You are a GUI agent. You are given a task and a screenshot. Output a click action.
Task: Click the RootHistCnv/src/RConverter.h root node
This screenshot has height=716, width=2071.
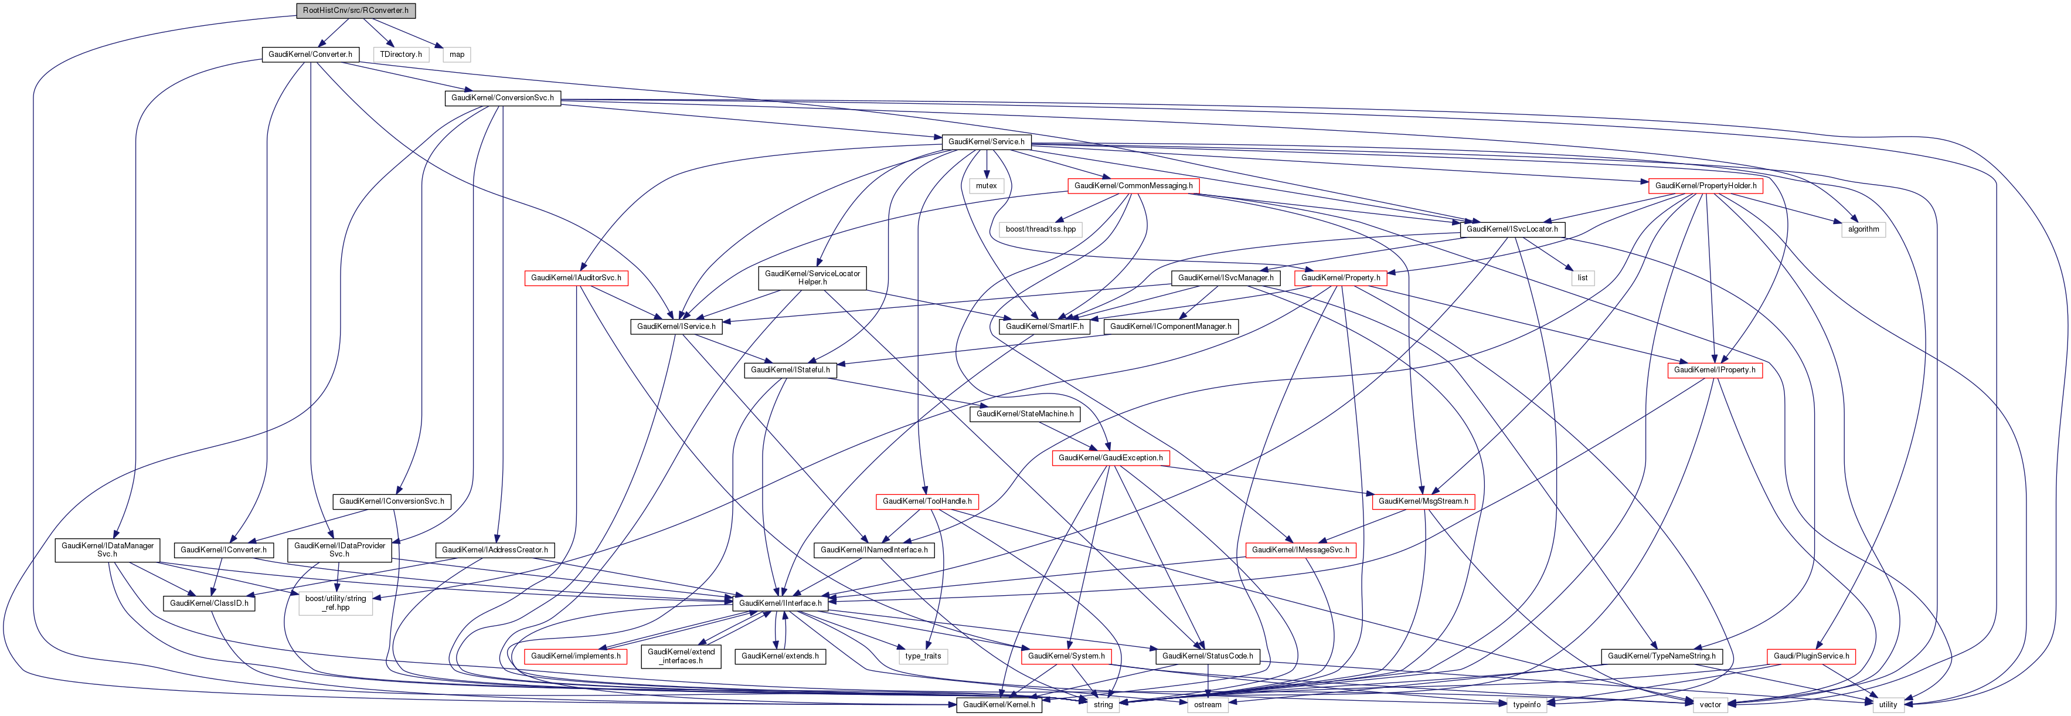pyautogui.click(x=355, y=11)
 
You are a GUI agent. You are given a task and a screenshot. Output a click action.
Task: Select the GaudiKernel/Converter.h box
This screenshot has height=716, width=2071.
pyautogui.click(x=310, y=55)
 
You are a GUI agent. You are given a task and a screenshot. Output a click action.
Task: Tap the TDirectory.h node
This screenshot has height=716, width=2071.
pyautogui.click(x=400, y=55)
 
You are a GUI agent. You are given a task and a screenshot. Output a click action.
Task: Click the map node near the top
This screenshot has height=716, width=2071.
pyautogui.click(x=457, y=55)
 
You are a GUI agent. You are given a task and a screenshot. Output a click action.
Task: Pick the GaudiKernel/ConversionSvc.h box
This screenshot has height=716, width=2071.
pyautogui.click(x=502, y=98)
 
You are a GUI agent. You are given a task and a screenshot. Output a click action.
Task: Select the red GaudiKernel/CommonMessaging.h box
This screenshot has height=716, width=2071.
pyautogui.click(x=1133, y=186)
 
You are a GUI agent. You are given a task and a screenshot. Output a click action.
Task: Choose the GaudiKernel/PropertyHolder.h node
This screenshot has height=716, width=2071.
pyautogui.click(x=1705, y=186)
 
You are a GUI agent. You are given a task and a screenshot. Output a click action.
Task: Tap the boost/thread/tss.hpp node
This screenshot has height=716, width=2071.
pyautogui.click(x=1040, y=229)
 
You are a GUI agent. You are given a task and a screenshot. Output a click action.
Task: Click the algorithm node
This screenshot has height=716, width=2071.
pyautogui.click(x=1863, y=229)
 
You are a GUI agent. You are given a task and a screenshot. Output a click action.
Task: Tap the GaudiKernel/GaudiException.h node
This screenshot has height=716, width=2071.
pyautogui.click(x=1110, y=458)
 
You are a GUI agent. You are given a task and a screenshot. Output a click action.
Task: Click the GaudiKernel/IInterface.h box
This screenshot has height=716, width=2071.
pyautogui.click(x=780, y=603)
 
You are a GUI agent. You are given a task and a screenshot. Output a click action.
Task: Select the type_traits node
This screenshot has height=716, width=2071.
pyautogui.click(x=922, y=656)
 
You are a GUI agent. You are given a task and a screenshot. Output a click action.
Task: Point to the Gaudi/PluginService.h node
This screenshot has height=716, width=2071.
pyautogui.click(x=1811, y=656)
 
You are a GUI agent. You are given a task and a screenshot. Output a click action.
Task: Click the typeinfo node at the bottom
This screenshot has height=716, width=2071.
pyautogui.click(x=1526, y=705)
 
